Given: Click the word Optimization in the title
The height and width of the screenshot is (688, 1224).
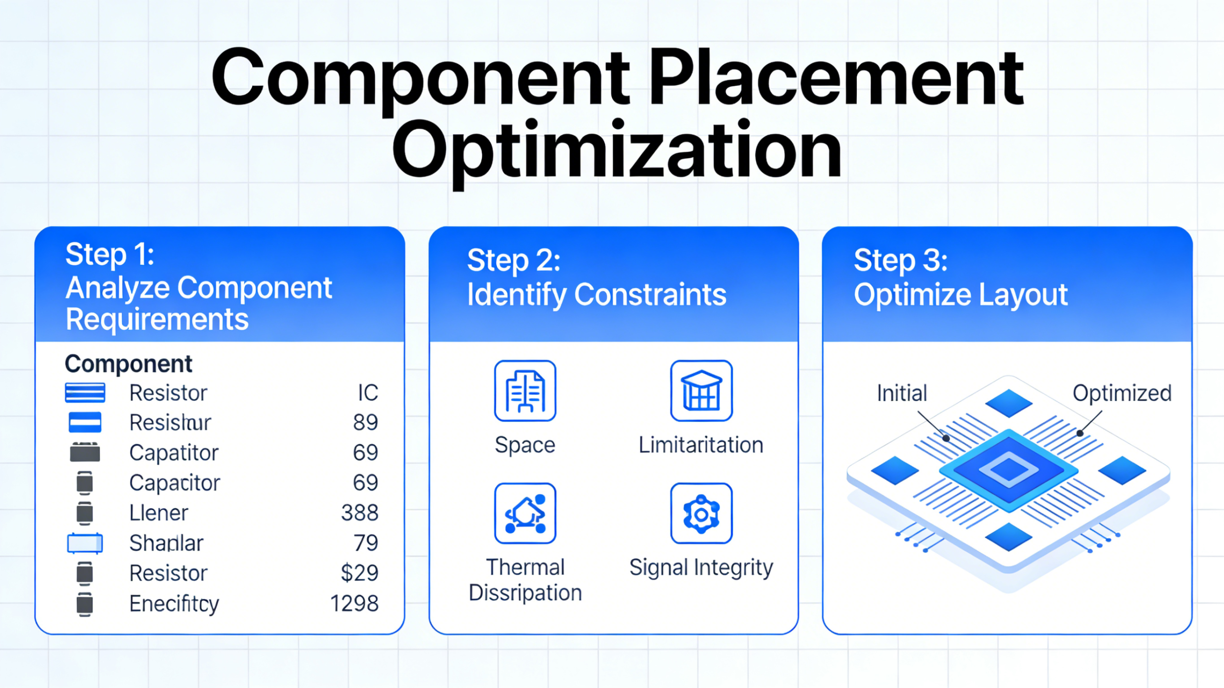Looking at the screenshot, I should point(617,151).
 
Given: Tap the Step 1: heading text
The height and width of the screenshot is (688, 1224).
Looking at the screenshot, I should point(110,254).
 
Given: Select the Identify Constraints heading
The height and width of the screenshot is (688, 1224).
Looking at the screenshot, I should point(596,294).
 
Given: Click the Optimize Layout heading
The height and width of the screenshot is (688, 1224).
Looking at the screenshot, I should point(960,294).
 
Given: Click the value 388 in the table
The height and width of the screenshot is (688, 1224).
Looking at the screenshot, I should point(360,513).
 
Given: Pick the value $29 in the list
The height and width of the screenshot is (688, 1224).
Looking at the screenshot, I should point(360,573).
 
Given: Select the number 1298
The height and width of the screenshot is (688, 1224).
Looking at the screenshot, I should point(354,603).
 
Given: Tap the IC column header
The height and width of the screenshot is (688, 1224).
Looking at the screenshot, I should point(368,393).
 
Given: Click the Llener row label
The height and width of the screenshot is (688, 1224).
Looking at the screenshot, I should point(159,513).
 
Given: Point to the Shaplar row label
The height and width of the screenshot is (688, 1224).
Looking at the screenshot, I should point(166,543).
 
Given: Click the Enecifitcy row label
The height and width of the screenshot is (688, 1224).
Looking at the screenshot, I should point(174,603).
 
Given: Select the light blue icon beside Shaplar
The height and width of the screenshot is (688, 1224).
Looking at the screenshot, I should point(85,543).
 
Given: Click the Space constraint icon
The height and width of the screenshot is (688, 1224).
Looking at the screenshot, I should point(525,391).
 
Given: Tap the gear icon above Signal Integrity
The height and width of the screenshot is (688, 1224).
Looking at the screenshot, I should point(701,513).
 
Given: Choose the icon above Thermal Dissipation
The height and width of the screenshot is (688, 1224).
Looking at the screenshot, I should point(525,513).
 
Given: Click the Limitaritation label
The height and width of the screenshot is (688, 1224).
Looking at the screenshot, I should point(701,445).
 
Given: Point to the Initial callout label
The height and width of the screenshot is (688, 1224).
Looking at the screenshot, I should point(902,393).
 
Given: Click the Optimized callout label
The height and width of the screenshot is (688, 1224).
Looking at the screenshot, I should point(1122,393).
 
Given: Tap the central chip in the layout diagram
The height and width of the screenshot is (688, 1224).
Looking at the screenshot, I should point(1009,470).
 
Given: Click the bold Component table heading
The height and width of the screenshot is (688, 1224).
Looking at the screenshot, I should point(128,364).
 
